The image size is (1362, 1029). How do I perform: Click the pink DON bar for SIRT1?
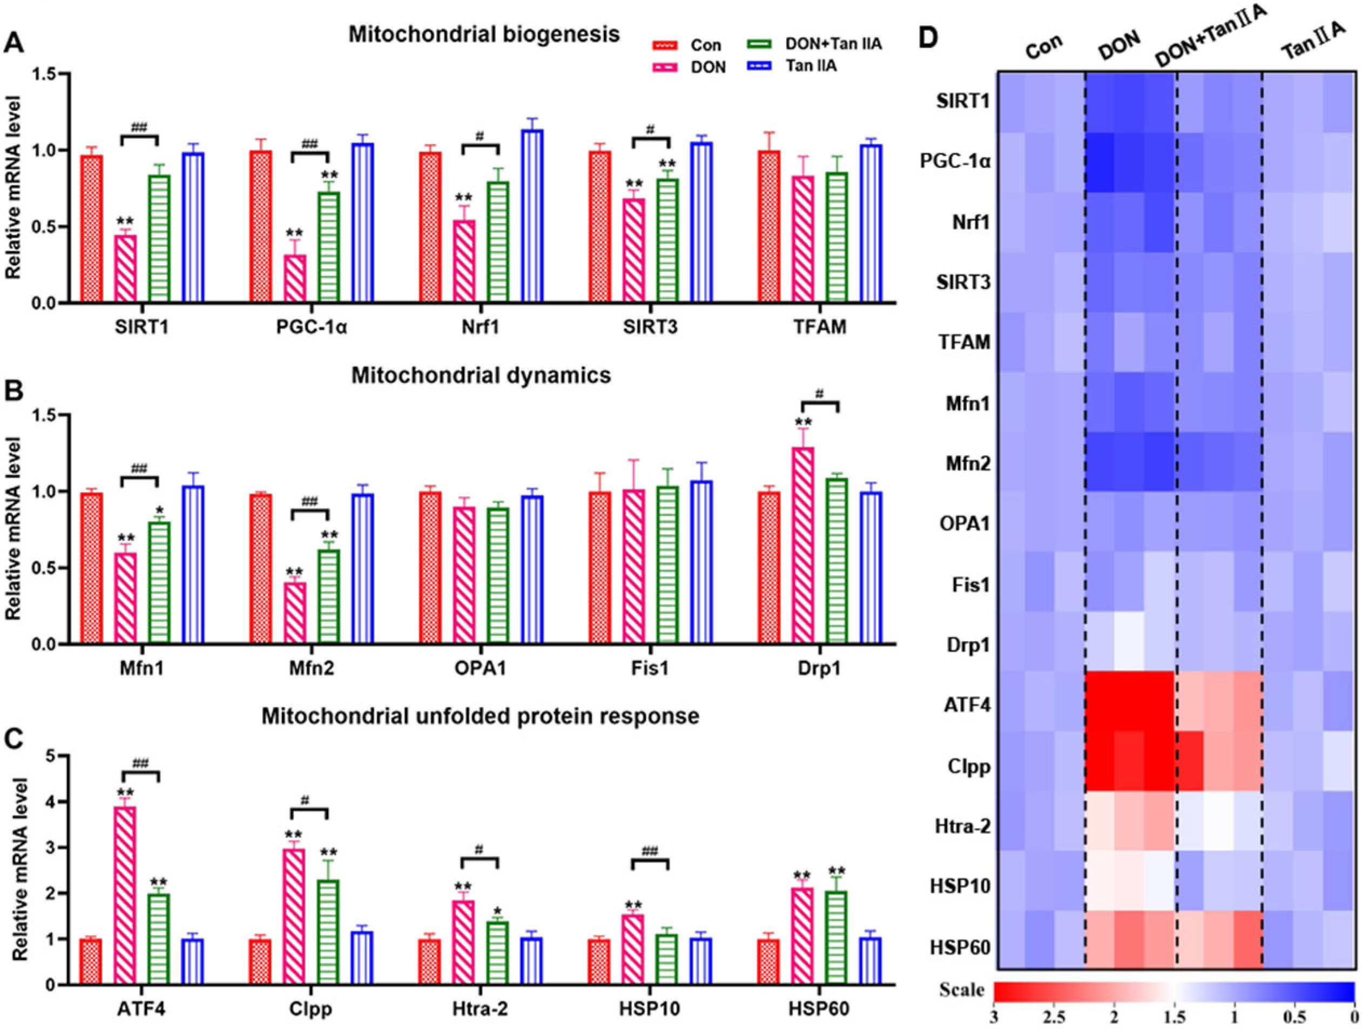tap(126, 268)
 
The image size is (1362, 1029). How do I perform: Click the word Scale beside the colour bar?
tap(962, 990)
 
